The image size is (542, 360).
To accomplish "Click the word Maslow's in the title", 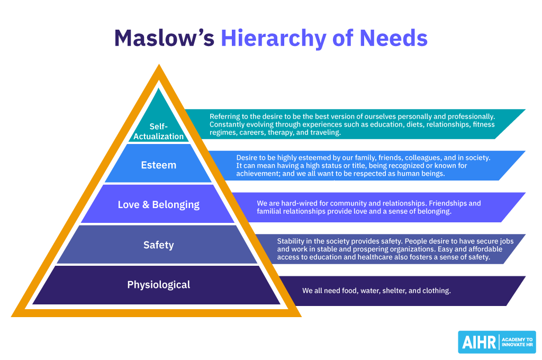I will click(x=164, y=38).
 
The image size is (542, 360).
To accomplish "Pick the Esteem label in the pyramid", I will click(x=159, y=165).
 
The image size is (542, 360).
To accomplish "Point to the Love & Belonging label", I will click(x=159, y=204).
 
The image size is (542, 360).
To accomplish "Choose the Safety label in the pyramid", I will click(x=159, y=245).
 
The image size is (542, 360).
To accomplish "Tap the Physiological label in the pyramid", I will click(x=159, y=285).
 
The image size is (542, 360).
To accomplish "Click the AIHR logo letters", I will click(x=477, y=342).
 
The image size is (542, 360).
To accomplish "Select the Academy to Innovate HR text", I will click(x=517, y=342).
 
